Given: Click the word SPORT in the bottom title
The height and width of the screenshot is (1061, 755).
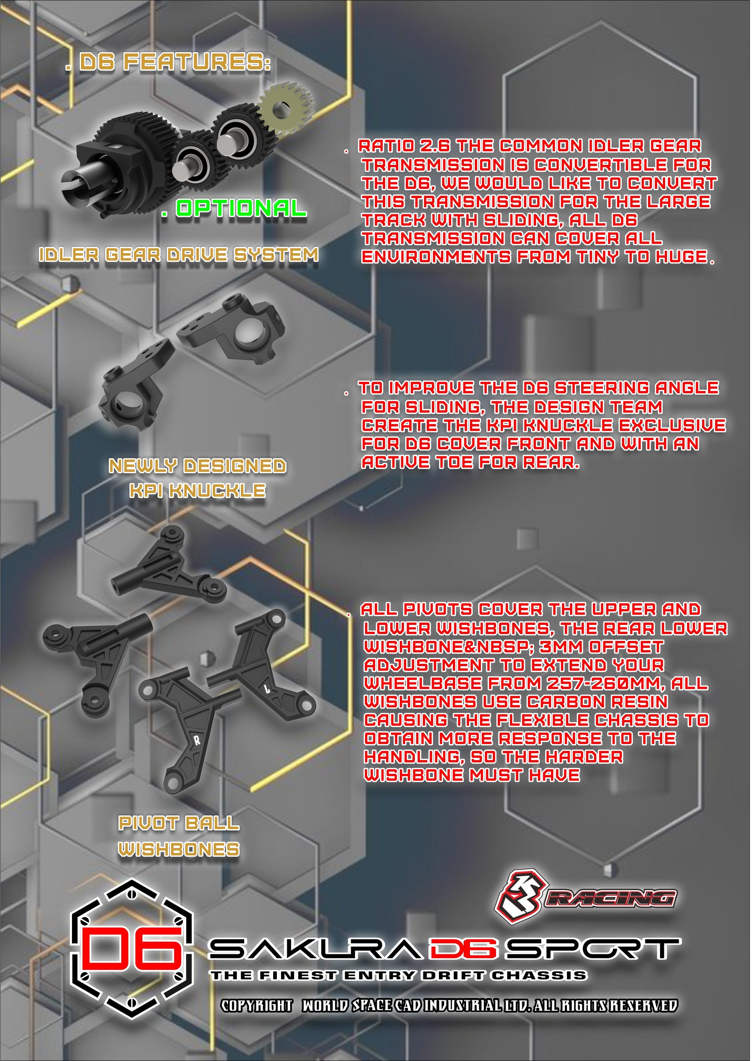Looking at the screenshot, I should pos(593,949).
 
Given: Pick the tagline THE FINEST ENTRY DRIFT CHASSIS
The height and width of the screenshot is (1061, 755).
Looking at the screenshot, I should pos(399,975).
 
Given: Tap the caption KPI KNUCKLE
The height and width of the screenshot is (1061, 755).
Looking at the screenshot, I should pos(198,491).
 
